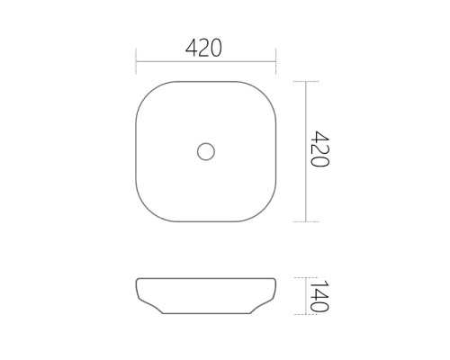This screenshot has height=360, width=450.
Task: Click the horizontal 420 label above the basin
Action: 203,48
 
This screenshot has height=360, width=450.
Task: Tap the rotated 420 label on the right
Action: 319,148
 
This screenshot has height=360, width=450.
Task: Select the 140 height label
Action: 319,296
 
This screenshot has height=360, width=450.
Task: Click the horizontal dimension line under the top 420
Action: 206,62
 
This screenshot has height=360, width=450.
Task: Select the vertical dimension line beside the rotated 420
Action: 306,151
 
